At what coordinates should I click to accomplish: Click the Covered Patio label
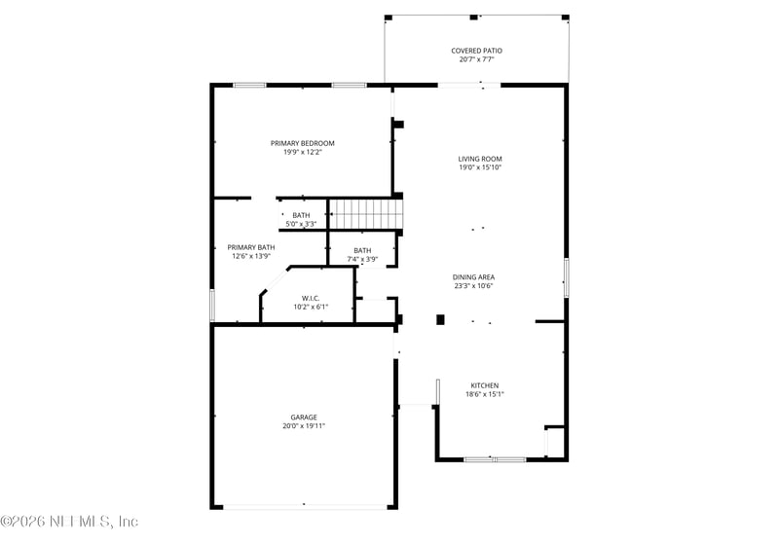476,51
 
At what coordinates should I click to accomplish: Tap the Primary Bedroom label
303,143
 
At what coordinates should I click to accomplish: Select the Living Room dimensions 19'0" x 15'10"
480,167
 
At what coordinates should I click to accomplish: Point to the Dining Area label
473,277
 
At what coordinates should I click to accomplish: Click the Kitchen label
485,385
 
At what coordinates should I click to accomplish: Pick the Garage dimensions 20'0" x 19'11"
304,426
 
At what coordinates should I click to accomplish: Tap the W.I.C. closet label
311,299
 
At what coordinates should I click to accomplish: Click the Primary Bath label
251,247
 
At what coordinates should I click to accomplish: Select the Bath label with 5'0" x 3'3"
301,215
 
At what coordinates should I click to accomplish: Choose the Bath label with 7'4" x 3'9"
362,251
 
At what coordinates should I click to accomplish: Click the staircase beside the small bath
366,214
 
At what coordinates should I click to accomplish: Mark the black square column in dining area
440,319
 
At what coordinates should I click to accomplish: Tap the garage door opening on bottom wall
305,507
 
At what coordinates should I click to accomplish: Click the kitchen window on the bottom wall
495,459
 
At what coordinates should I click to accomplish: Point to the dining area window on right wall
566,278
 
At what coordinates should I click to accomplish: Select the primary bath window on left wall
212,306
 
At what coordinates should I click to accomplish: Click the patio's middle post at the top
473,18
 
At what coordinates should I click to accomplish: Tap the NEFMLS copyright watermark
69,522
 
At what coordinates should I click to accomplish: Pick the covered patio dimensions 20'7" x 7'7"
476,59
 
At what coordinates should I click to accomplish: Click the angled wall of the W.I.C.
275,281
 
